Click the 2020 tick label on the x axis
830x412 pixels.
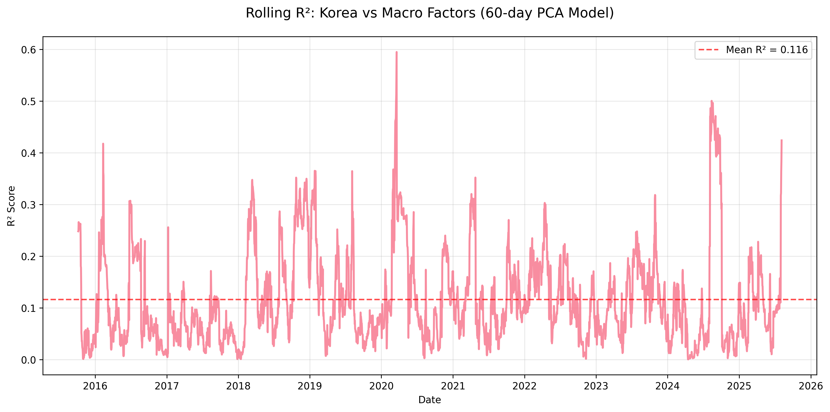381,386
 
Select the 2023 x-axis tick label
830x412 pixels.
596,386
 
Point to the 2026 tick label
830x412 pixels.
810,386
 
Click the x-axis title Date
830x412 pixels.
429,400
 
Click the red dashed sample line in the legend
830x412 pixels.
709,50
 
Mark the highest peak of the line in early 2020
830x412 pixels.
397,52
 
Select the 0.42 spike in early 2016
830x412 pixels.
103,144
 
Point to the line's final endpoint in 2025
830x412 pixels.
782,140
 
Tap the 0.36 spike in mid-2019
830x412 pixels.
352,171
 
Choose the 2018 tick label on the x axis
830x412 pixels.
238,386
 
